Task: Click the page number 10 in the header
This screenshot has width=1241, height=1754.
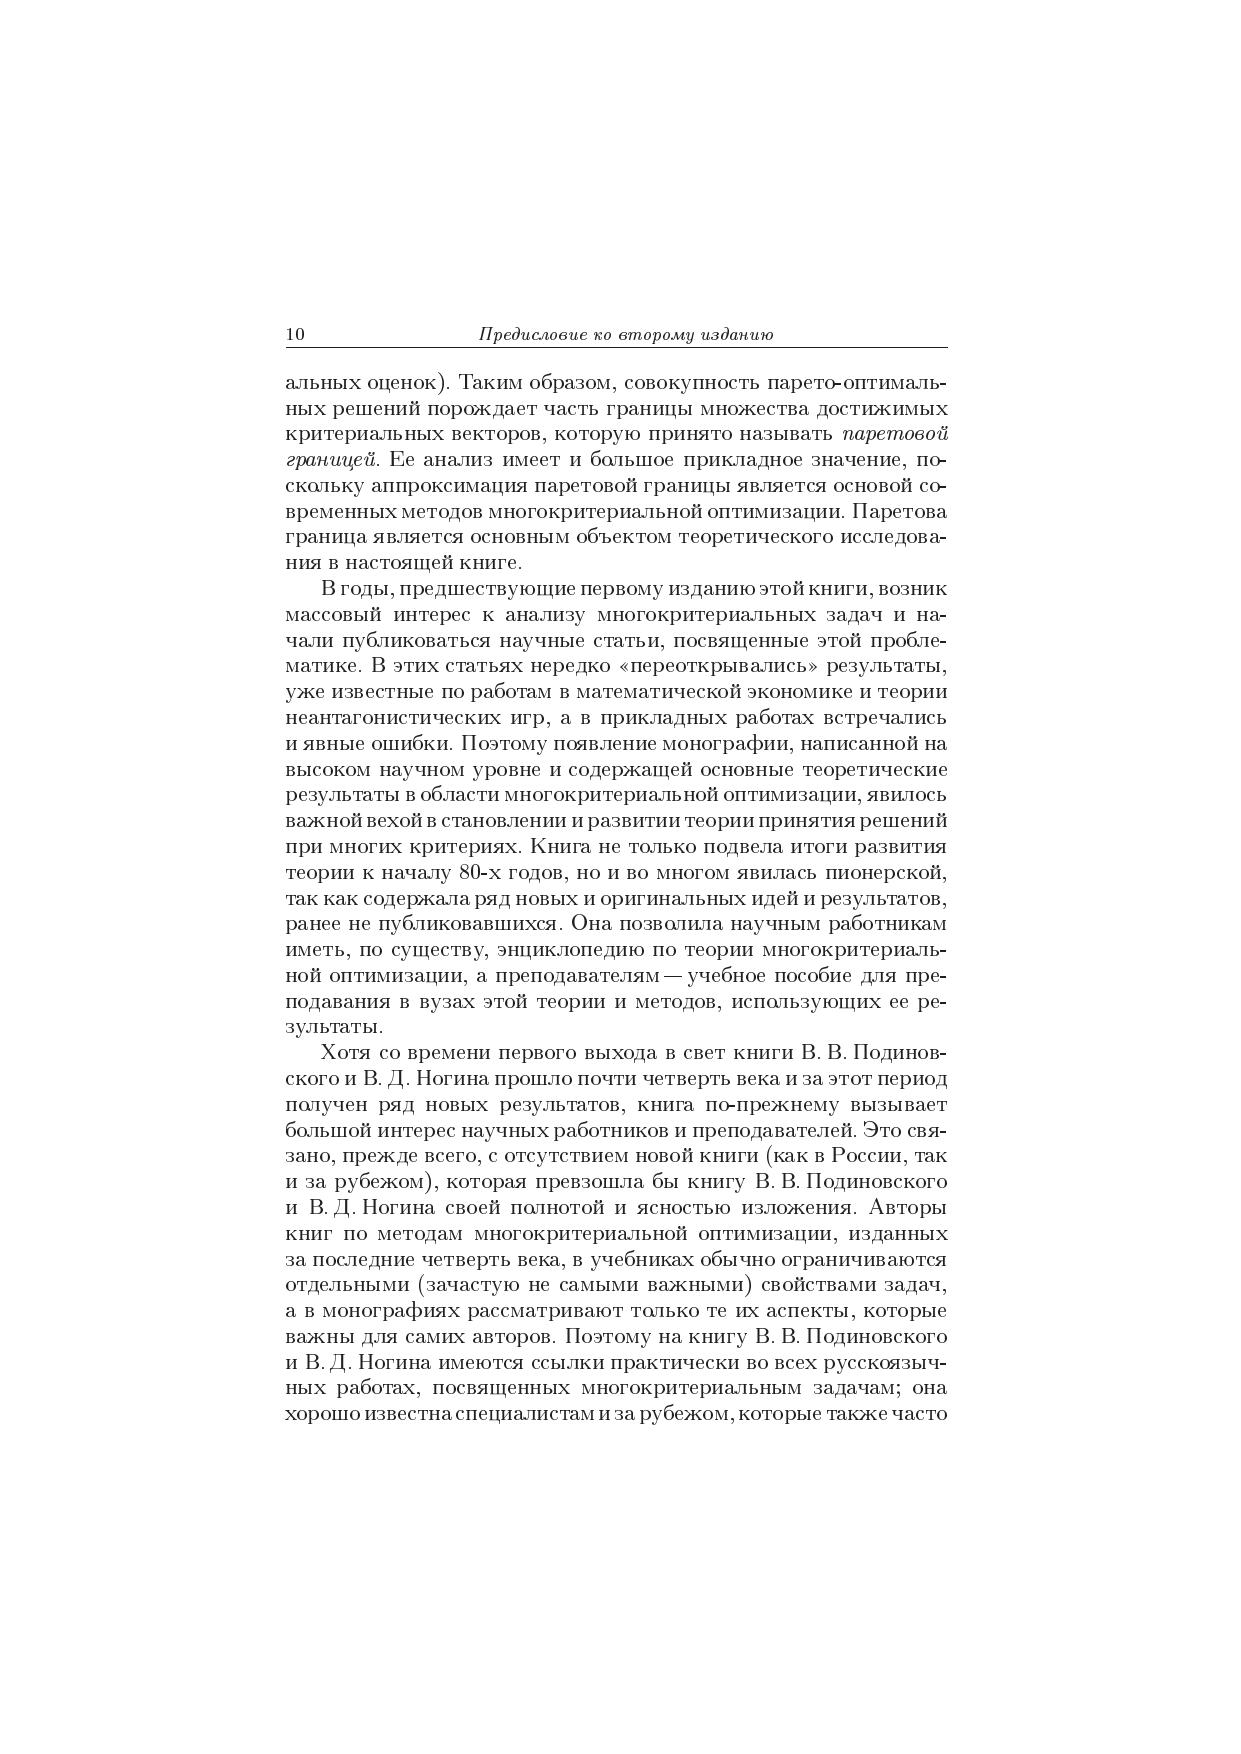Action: pyautogui.click(x=295, y=335)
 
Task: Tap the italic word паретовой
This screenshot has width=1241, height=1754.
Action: pyautogui.click(x=895, y=434)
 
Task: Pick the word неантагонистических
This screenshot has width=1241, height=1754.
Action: pyautogui.click(x=387, y=718)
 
